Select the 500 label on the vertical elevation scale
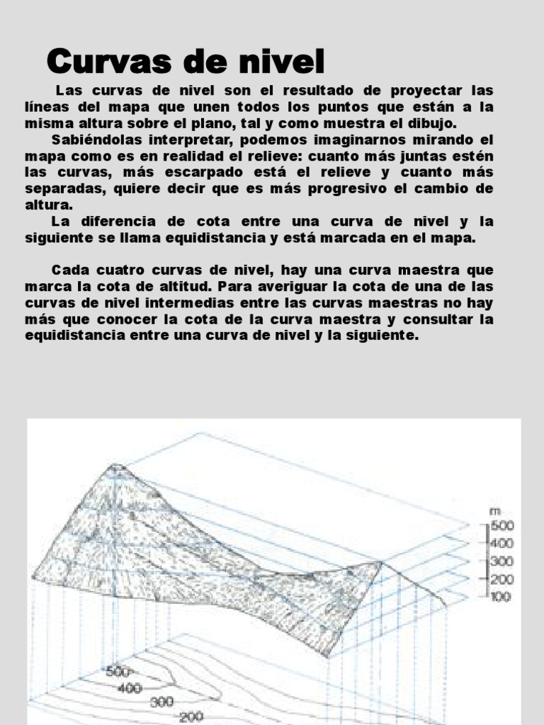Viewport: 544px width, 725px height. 502,526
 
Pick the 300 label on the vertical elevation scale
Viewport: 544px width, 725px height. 502,561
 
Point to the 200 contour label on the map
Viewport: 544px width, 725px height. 191,717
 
